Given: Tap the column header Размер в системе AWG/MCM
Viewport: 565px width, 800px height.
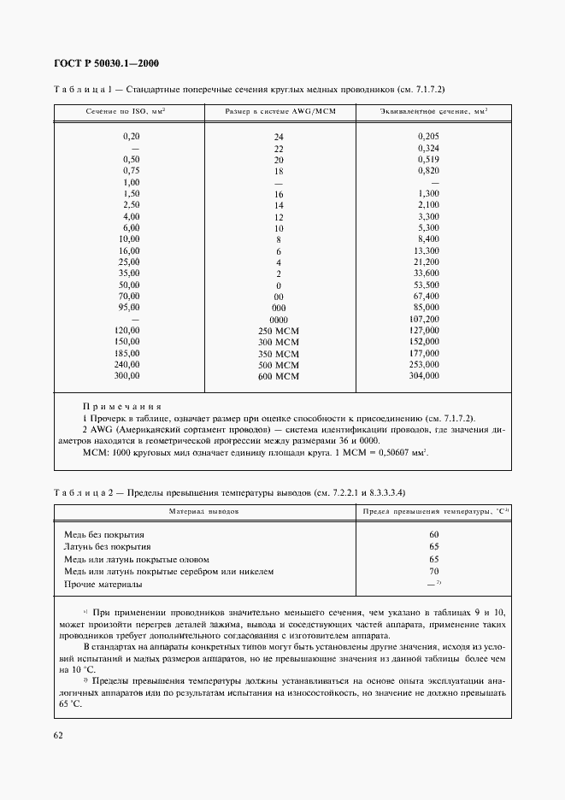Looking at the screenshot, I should coord(278,112).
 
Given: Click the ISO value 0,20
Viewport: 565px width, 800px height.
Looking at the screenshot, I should coord(131,136).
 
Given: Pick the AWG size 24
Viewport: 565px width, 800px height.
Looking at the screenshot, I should coord(279,138).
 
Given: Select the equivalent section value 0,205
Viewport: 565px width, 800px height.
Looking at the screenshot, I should coord(429,136).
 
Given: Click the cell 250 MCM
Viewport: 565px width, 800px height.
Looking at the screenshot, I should coord(279,331).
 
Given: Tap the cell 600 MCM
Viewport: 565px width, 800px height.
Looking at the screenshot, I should coord(279,377).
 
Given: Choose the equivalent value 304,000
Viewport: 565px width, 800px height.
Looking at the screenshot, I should coord(425,375).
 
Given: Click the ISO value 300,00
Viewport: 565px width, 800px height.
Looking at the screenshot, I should coord(127,375).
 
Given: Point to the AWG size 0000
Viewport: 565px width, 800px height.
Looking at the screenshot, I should coord(279,320).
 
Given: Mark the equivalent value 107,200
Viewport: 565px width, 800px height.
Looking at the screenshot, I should coord(425,319).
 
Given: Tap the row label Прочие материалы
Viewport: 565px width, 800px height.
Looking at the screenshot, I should coord(103,585).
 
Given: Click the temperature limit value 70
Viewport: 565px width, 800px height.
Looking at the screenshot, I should coord(434,572).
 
